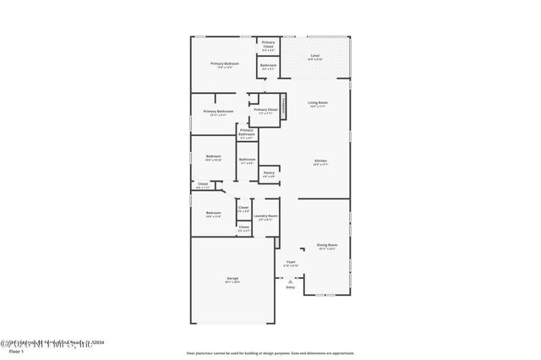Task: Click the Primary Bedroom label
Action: (x=225, y=64)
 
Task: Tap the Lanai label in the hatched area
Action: (x=314, y=57)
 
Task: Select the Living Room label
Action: (x=318, y=102)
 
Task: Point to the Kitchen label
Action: (x=320, y=161)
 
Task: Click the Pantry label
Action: (x=268, y=172)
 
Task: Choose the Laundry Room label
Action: (x=266, y=216)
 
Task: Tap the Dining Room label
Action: (x=327, y=246)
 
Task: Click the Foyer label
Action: (x=290, y=263)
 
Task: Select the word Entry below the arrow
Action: (x=290, y=286)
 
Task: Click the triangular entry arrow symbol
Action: (x=290, y=279)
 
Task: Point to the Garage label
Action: (x=232, y=280)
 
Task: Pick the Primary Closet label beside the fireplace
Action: (x=265, y=110)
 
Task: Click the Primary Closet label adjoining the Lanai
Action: (x=268, y=43)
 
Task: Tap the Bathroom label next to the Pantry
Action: (x=247, y=160)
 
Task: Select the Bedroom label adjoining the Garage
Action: (x=213, y=213)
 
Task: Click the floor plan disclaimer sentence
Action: (x=270, y=352)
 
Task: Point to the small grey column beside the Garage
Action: (x=276, y=243)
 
